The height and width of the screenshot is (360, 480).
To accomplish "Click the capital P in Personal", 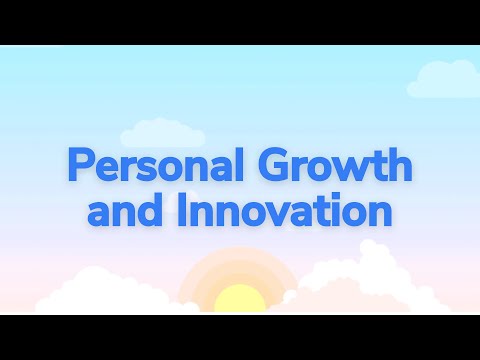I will click(x=75, y=164).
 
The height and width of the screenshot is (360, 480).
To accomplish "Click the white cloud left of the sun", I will click(x=95, y=290).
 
